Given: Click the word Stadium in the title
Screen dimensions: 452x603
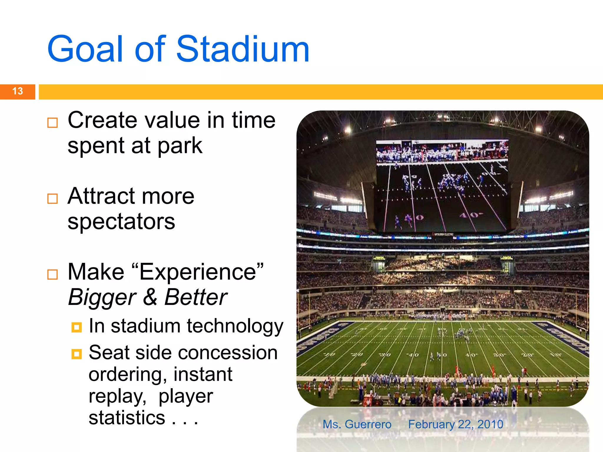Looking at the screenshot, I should (243, 49).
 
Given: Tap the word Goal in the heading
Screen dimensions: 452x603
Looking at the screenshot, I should (85, 49).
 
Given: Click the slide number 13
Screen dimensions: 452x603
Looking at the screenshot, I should (17, 91).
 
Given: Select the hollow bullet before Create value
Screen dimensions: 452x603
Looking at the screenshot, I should (52, 122).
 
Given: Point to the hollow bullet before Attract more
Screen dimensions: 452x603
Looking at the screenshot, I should (52, 199).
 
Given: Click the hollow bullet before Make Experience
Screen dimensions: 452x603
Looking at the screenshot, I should (52, 274).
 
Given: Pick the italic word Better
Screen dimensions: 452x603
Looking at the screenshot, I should (196, 297).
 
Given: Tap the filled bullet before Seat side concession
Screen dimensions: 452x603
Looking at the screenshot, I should (77, 354).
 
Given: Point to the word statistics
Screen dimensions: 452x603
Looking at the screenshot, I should (127, 418).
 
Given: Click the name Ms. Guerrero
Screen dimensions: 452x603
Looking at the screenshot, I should (357, 424).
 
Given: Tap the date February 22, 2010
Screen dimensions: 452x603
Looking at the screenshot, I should (455, 424).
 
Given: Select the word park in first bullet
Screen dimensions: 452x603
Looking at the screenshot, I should (180, 146).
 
